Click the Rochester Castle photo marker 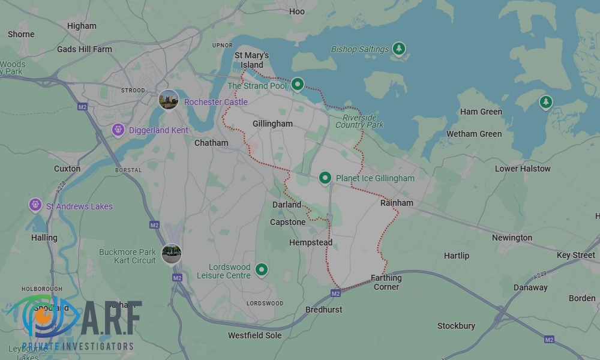(x=169, y=100)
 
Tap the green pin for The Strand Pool (x=298, y=85)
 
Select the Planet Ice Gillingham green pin (x=325, y=178)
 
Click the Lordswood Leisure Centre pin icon (x=261, y=270)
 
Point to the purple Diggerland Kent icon (x=118, y=130)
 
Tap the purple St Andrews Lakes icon (x=35, y=206)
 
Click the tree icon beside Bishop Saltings (x=399, y=49)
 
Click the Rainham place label (x=397, y=203)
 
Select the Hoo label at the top (x=297, y=11)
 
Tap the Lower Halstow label (x=523, y=169)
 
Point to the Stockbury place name (x=456, y=326)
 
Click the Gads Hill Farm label (x=85, y=49)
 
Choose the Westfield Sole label (x=254, y=335)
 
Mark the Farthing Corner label (x=386, y=283)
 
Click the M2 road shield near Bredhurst (x=335, y=293)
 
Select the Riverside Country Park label (x=359, y=121)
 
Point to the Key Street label (x=575, y=255)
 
